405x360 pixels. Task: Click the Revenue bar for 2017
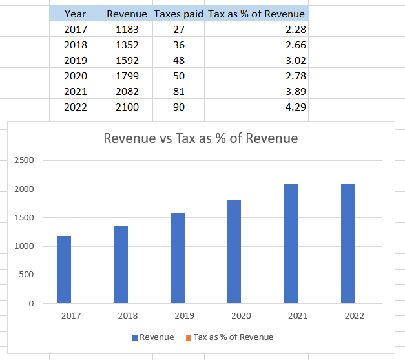64,270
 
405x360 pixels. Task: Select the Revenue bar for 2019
178,258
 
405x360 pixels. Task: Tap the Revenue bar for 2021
291,244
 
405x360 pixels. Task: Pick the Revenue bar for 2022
348,243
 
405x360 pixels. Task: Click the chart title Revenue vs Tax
201,138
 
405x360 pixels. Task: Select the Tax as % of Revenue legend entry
229,337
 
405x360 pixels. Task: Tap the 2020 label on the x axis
241,316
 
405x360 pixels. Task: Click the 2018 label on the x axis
127,316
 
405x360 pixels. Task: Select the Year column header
75,14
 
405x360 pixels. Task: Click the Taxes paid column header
178,14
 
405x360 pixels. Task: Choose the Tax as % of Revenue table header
256,14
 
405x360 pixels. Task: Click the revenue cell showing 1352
127,45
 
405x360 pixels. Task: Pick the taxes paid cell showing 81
178,92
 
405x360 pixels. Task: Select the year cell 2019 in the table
75,61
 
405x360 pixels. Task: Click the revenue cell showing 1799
127,76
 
